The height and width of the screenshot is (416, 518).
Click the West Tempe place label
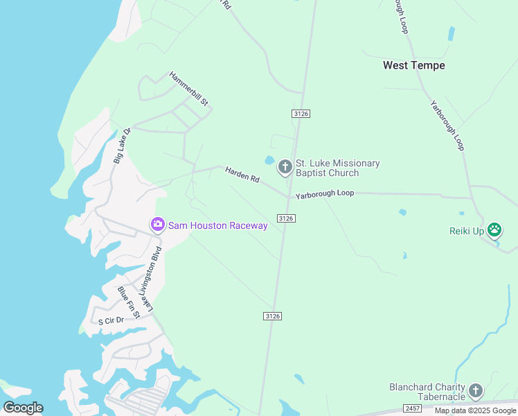[x=414, y=65]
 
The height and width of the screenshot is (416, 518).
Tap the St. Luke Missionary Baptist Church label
[x=337, y=168]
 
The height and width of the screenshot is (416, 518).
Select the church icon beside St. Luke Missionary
[x=285, y=167]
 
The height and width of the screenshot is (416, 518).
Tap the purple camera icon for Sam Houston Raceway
[x=158, y=225]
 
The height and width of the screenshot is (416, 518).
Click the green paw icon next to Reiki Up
[x=494, y=229]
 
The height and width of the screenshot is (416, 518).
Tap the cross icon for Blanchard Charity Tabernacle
[x=476, y=391]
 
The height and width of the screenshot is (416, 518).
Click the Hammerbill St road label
[x=189, y=88]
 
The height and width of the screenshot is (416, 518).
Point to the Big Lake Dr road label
[x=122, y=146]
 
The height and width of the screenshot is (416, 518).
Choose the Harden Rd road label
[x=242, y=175]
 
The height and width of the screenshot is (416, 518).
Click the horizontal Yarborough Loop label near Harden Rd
[x=325, y=195]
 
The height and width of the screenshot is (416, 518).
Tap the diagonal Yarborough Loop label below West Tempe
[x=447, y=125]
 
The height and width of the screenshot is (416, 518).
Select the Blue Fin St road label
[x=129, y=302]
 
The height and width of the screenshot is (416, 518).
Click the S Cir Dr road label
[x=111, y=320]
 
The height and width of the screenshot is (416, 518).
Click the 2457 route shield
[x=412, y=409]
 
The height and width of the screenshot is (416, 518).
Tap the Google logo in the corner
[x=23, y=408]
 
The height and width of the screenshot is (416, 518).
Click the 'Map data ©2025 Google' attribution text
[x=476, y=410]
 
